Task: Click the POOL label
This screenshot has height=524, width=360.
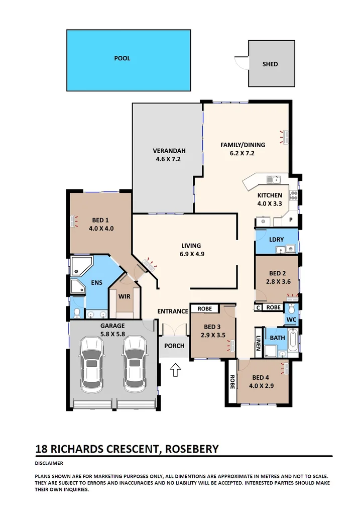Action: coord(122,58)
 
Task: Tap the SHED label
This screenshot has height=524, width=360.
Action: coord(270,64)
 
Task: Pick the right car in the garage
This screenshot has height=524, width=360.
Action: coord(134,364)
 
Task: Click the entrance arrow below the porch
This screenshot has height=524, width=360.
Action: coord(175,371)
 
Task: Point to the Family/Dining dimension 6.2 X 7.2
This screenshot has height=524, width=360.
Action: coord(243,153)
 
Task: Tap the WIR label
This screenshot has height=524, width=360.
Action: coord(125,296)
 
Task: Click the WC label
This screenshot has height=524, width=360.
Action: coord(291,319)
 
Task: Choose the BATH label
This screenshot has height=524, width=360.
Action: coord(278,338)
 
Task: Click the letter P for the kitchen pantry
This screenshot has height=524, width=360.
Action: coord(290,219)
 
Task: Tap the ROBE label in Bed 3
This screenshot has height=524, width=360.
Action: coord(204,308)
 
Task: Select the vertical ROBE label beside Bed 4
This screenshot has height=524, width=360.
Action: coord(232,383)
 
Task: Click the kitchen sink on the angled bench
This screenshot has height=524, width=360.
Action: coord(273,179)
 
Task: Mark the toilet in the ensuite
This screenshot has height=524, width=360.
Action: coord(76,313)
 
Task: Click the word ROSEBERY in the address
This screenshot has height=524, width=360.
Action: coord(190,449)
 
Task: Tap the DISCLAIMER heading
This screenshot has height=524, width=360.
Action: coord(49,463)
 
